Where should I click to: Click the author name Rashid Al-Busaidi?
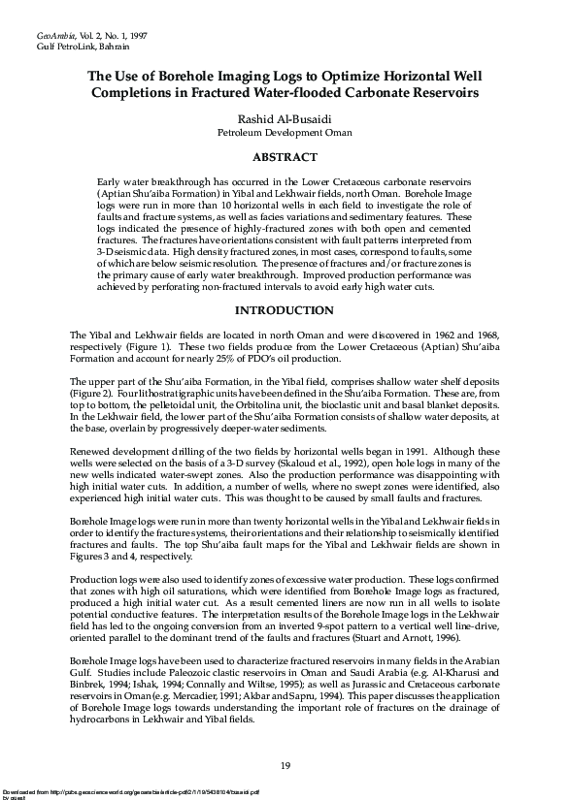click(285, 116)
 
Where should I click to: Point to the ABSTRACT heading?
click(285, 157)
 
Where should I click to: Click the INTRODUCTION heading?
click(285, 310)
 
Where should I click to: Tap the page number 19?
click(285, 766)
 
